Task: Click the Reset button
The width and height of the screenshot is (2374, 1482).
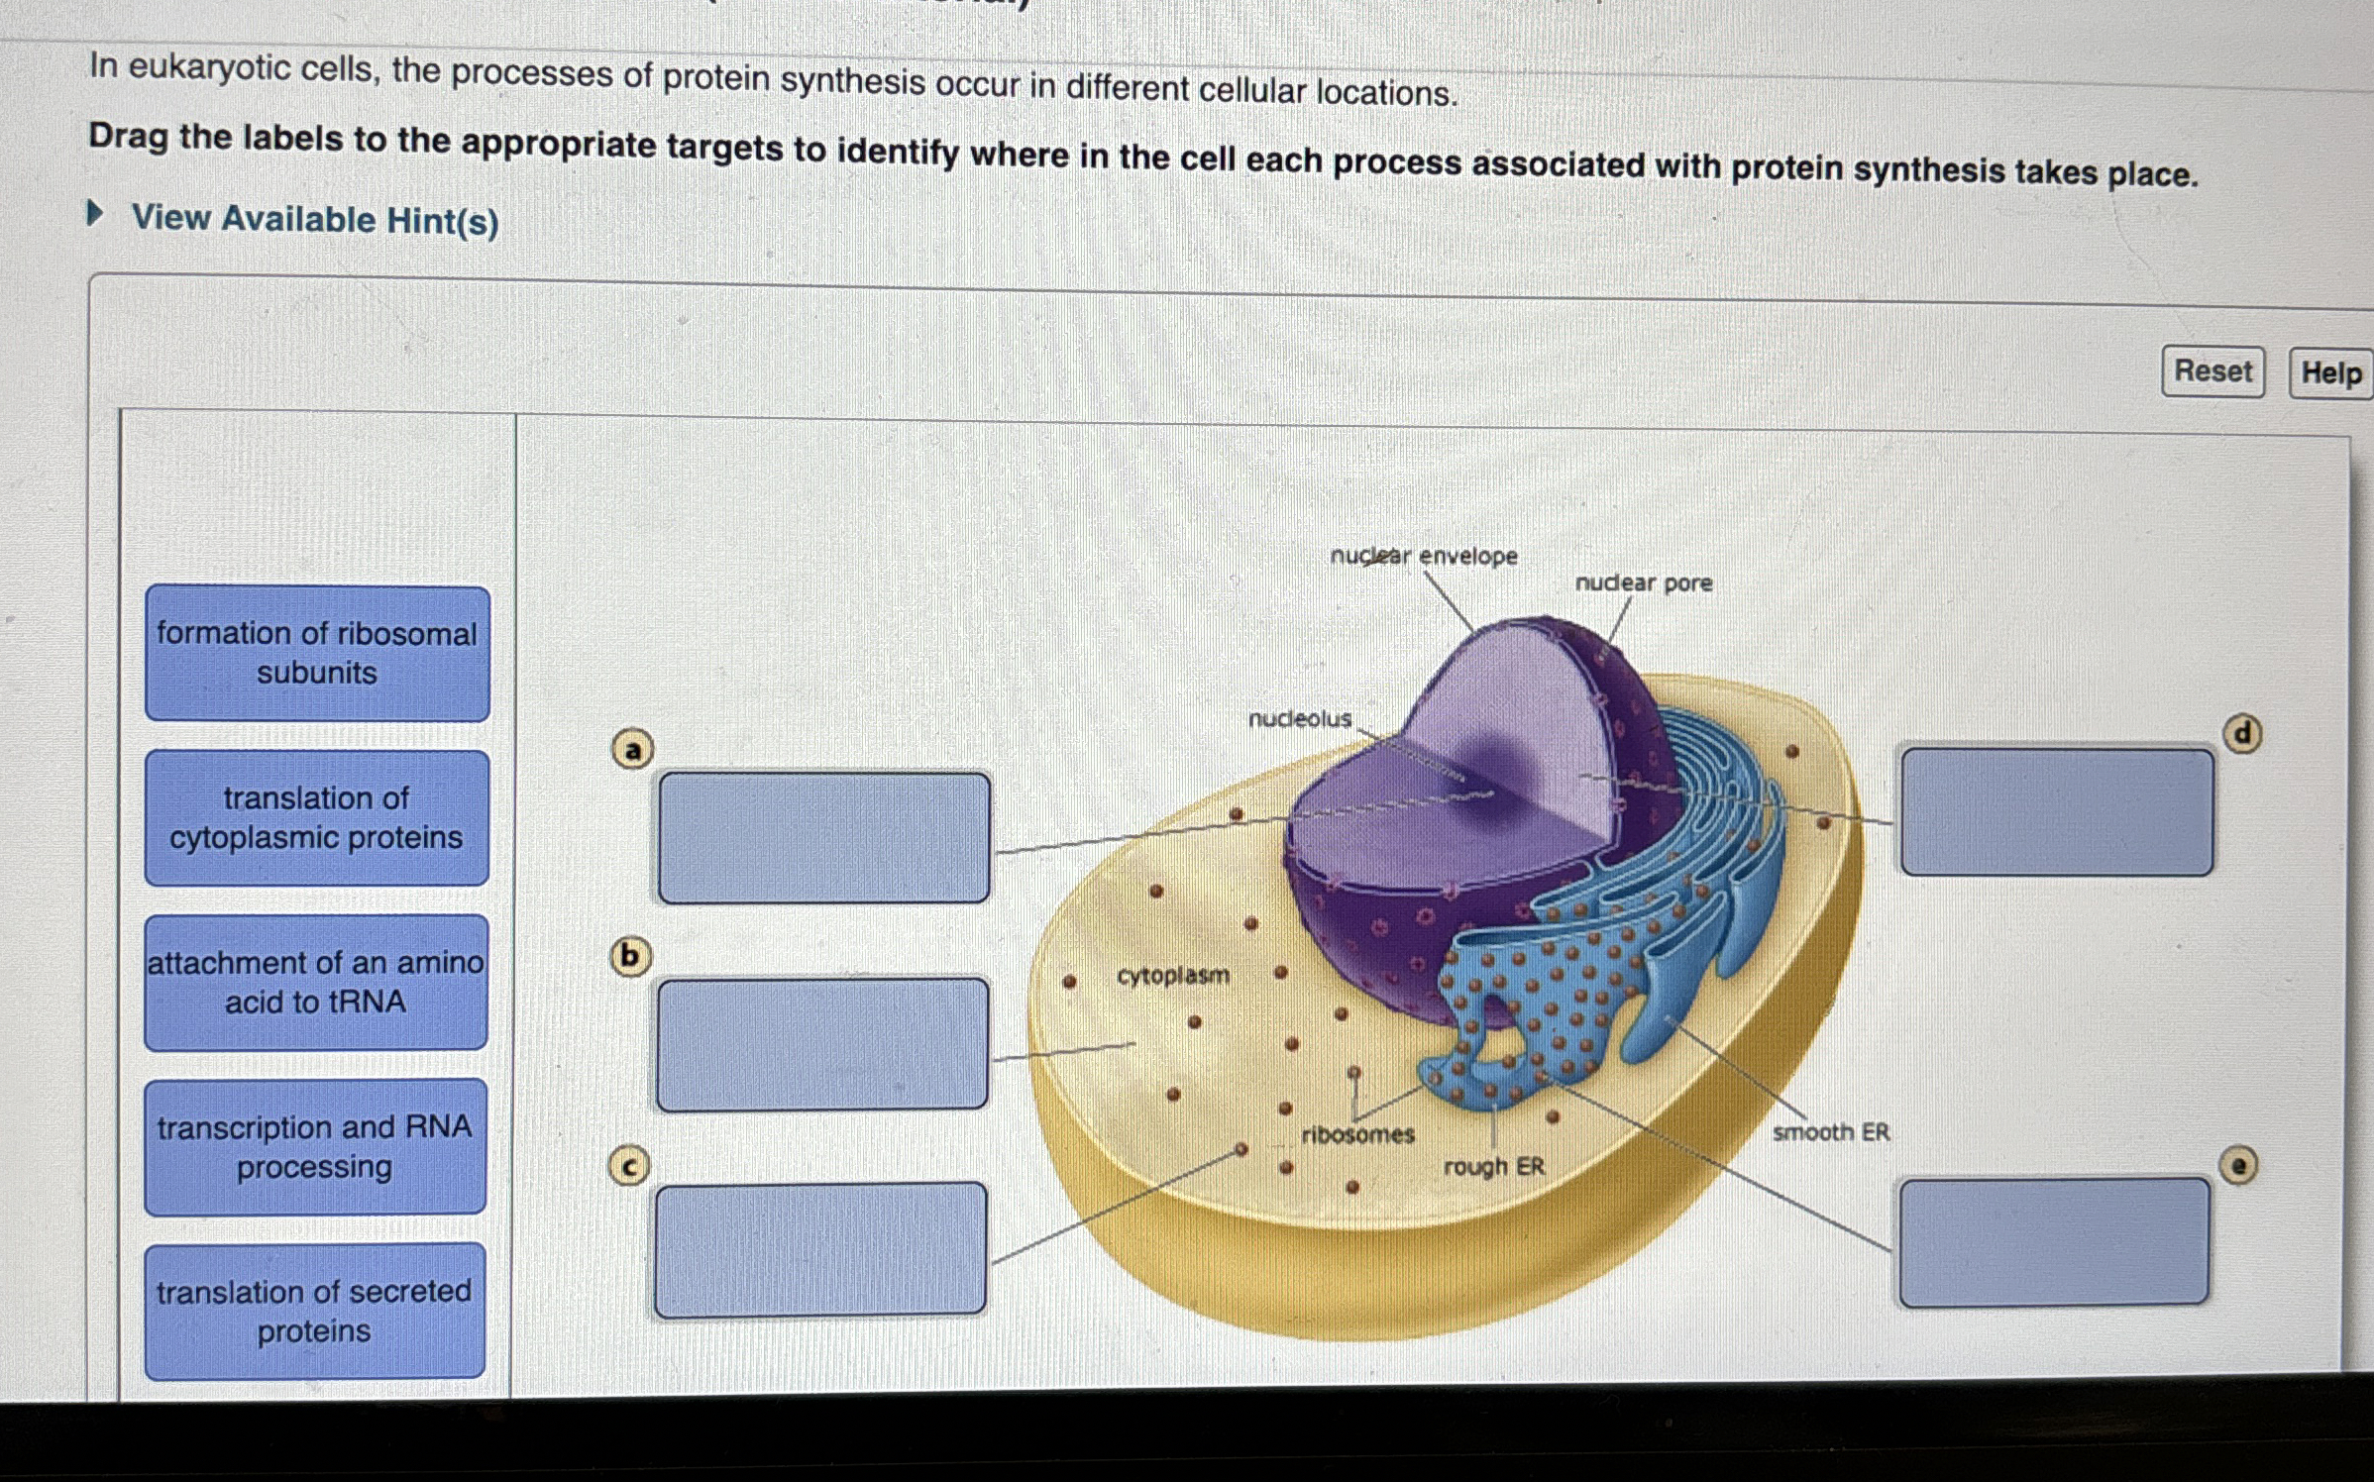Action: click(x=2212, y=371)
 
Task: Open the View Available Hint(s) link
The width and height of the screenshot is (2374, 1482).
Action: click(x=314, y=219)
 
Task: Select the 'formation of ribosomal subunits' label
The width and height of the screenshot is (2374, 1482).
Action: click(x=317, y=653)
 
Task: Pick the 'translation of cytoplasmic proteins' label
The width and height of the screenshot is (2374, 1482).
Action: click(x=316, y=817)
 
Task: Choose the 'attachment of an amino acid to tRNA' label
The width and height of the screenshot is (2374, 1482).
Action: click(x=315, y=982)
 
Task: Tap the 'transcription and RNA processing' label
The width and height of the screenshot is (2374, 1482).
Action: click(x=314, y=1146)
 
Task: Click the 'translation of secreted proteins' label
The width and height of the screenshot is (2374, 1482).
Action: click(x=314, y=1311)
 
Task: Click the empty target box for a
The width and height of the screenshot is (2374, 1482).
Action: click(x=823, y=838)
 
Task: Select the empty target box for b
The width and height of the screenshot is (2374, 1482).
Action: click(x=821, y=1044)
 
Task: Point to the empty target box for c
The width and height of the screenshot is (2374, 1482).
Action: click(x=819, y=1249)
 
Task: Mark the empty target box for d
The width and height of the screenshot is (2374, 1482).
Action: click(x=2056, y=812)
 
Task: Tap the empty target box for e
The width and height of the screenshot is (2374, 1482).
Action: click(x=2053, y=1242)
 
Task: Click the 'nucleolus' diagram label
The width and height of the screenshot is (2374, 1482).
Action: click(x=1299, y=718)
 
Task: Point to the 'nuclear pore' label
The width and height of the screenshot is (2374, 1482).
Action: click(x=1643, y=582)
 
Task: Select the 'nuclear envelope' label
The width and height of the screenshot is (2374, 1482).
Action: click(x=1423, y=556)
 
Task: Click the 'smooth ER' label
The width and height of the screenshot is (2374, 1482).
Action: click(x=1830, y=1131)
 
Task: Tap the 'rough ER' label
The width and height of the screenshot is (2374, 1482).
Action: click(x=1493, y=1166)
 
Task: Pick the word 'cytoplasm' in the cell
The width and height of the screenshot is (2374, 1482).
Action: click(x=1172, y=976)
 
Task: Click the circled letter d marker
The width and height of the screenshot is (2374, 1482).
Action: click(x=2242, y=734)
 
